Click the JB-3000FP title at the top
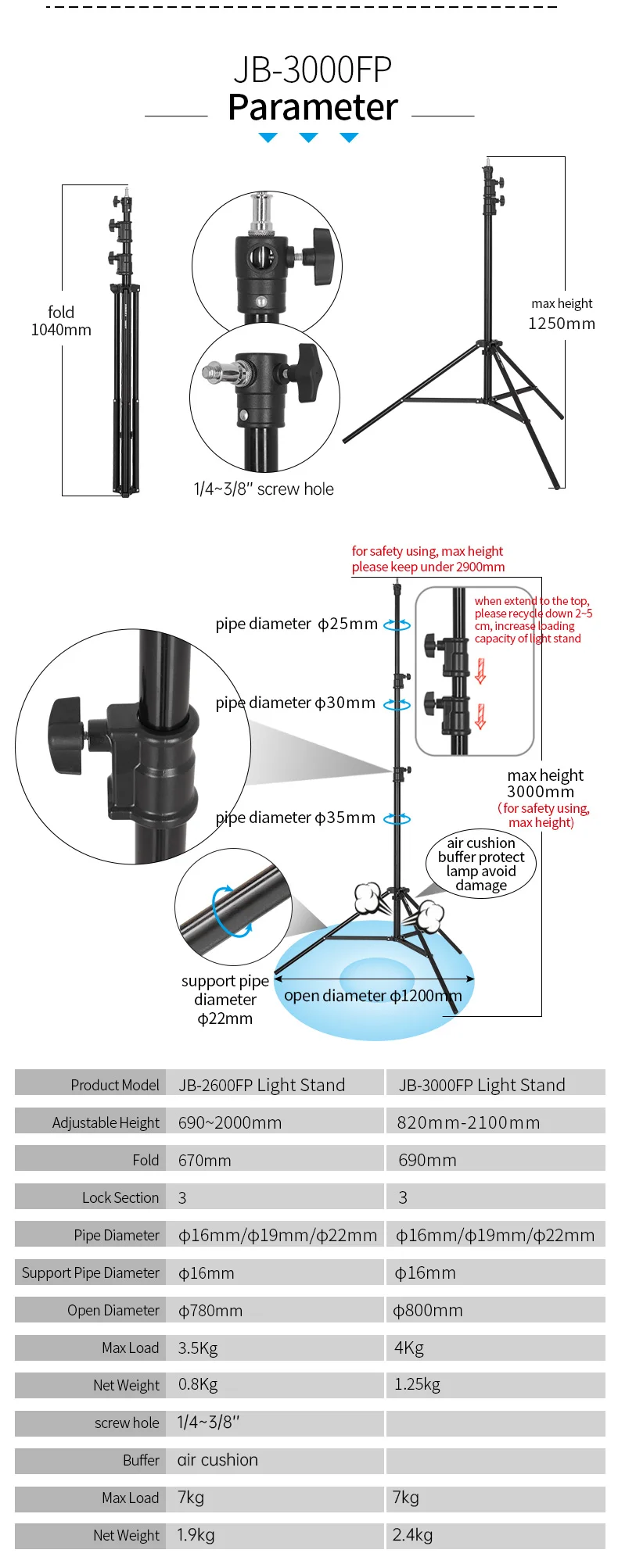[312, 70]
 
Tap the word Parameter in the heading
[312, 108]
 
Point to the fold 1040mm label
[61, 321]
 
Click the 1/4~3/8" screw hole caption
[264, 489]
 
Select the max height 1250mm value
[562, 324]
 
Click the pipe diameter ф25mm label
[296, 624]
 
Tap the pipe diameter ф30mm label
[295, 703]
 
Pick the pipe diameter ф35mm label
[295, 818]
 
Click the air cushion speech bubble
[481, 864]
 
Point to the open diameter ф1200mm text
[372, 996]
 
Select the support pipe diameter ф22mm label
[225, 1000]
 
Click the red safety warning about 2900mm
[428, 559]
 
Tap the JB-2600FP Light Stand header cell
[261, 1085]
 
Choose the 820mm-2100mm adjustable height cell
[468, 1122]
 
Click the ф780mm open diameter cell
[210, 1310]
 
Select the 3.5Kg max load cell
[198, 1347]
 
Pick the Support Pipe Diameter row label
[91, 1272]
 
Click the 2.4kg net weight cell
[412, 1534]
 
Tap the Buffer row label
[141, 1460]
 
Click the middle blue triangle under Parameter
[309, 138]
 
